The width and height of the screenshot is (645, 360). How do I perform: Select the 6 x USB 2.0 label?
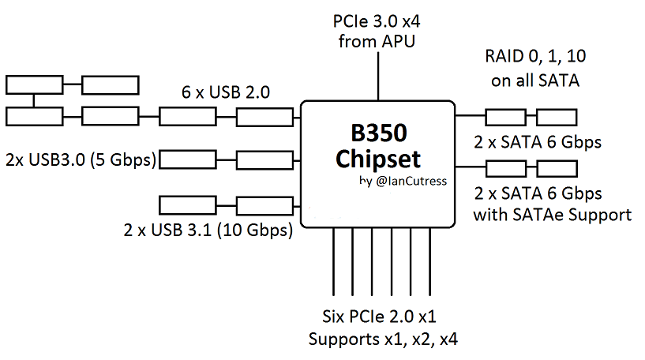coord(226,92)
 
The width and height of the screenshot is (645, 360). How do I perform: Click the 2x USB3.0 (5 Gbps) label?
coord(80,158)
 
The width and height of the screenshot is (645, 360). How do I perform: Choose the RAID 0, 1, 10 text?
coord(536,57)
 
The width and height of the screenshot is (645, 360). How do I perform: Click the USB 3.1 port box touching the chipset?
coord(264,206)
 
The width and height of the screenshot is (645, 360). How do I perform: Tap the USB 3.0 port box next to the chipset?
coord(264,160)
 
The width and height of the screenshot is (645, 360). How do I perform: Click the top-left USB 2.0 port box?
coord(33,84)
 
